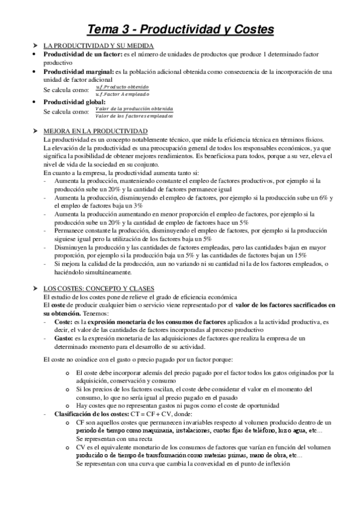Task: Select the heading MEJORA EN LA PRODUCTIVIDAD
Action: click(x=96, y=131)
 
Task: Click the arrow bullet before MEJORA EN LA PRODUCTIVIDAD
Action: click(x=35, y=131)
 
